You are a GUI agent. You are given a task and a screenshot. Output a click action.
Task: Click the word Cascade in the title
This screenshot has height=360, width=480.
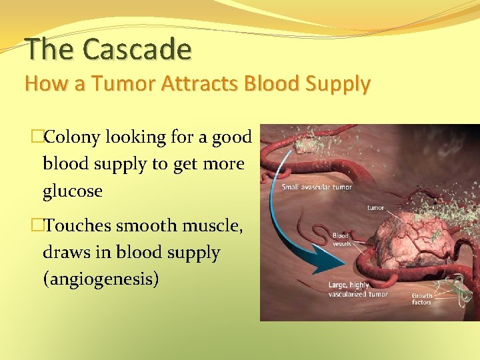pyautogui.click(x=138, y=49)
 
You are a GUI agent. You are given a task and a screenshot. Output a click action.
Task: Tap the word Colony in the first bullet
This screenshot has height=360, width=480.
pyautogui.click(x=72, y=137)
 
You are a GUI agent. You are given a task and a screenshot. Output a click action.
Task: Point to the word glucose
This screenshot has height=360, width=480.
pyautogui.click(x=72, y=191)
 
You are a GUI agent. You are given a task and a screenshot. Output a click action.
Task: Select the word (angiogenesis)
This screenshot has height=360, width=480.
pyautogui.click(x=101, y=279)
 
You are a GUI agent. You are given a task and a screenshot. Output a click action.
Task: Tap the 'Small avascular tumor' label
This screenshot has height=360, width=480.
pyautogui.click(x=316, y=187)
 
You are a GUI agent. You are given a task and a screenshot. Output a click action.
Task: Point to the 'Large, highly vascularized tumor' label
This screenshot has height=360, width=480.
pyautogui.click(x=357, y=289)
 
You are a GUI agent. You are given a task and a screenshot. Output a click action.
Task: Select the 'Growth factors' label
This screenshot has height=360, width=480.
pyautogui.click(x=421, y=299)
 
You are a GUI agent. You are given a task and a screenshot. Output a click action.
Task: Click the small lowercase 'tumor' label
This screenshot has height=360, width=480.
pyautogui.click(x=375, y=207)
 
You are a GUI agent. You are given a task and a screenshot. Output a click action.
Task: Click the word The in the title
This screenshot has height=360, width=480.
pyautogui.click(x=51, y=49)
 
